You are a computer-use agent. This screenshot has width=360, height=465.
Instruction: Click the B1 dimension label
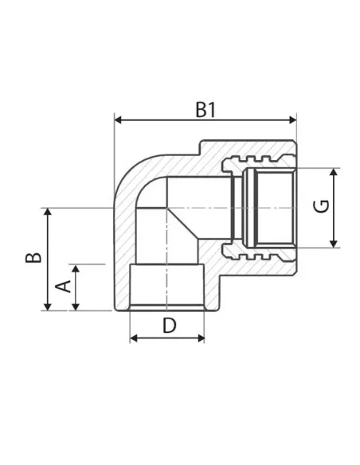205,109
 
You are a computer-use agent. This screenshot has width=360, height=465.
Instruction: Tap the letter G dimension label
322,206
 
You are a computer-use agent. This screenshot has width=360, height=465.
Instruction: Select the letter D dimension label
170,325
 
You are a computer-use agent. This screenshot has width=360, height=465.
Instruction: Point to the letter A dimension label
64,286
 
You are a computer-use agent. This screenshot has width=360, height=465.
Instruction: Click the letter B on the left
33,258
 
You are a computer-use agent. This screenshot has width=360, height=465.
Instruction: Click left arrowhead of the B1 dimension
118,120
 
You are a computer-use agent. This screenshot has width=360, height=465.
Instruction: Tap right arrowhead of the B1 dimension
292,120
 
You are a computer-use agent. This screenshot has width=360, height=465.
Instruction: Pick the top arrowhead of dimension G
335,172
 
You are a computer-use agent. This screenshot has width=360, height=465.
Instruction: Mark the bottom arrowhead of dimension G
335,244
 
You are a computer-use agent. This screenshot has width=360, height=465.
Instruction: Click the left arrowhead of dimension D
134,338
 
